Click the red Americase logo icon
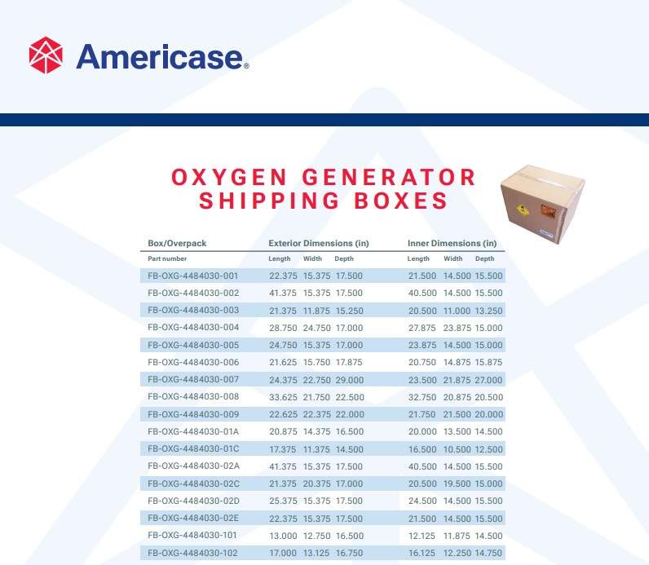pyautogui.click(x=46, y=55)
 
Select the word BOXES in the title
pyautogui.click(x=403, y=201)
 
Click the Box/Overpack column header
pyautogui.click(x=177, y=243)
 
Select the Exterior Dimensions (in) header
pyautogui.click(x=319, y=243)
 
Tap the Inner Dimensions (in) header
pyautogui.click(x=452, y=243)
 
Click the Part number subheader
pyautogui.click(x=167, y=258)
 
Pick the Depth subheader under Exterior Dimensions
pyautogui.click(x=344, y=258)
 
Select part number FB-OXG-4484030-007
pyautogui.click(x=193, y=379)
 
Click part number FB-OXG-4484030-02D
pyautogui.click(x=193, y=501)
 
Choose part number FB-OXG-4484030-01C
pyautogui.click(x=193, y=448)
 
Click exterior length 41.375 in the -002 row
pyautogui.click(x=283, y=293)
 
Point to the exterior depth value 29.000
pyautogui.click(x=349, y=379)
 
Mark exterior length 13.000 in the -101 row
pyautogui.click(x=283, y=536)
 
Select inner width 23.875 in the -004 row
pyautogui.click(x=457, y=328)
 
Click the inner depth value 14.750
pyautogui.click(x=489, y=553)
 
